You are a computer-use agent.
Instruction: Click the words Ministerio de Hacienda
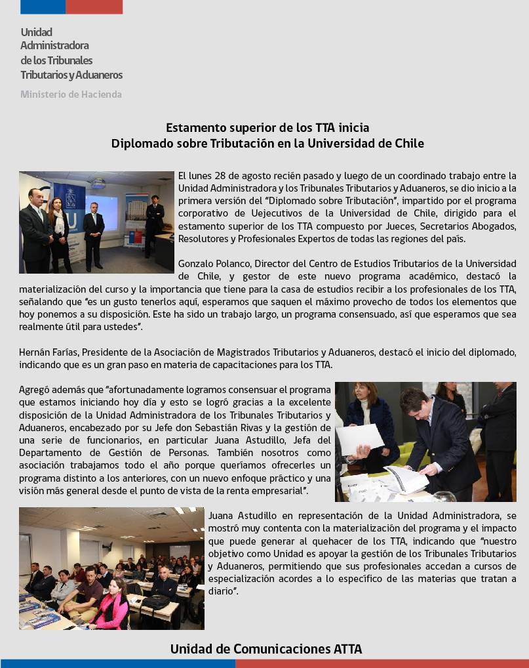click(x=71, y=94)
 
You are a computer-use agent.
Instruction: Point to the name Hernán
click(x=34, y=352)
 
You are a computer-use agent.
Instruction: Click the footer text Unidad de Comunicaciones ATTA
click(x=265, y=649)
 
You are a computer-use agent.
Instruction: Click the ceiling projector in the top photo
click(x=98, y=184)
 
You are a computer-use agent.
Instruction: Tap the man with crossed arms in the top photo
click(x=154, y=217)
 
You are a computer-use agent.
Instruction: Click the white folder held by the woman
click(x=359, y=438)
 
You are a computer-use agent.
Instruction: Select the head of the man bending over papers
click(x=415, y=404)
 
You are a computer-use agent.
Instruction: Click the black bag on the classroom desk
click(x=155, y=602)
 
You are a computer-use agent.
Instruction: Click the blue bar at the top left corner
click(x=43, y=7)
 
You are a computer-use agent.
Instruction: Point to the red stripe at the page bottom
click(x=382, y=663)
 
